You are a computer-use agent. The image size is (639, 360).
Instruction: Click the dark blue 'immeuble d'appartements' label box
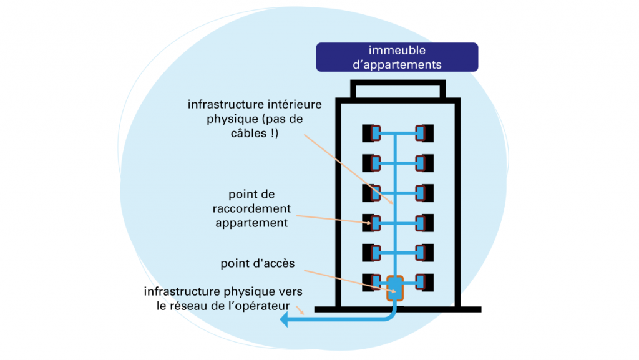[397, 57]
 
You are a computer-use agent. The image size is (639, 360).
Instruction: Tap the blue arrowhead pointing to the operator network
[284, 320]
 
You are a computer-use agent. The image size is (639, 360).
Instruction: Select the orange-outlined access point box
[395, 288]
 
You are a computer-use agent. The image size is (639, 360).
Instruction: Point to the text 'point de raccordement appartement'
[251, 209]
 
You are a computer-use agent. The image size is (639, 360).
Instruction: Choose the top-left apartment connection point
[373, 133]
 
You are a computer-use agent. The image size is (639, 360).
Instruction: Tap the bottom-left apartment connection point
[373, 283]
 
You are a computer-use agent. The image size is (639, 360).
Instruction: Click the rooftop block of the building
[398, 90]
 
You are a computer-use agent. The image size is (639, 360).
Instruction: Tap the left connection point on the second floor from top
[373, 163]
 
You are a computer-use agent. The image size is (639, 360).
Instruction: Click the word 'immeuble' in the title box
[397, 51]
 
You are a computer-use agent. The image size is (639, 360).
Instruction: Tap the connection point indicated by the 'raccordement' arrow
[374, 223]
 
